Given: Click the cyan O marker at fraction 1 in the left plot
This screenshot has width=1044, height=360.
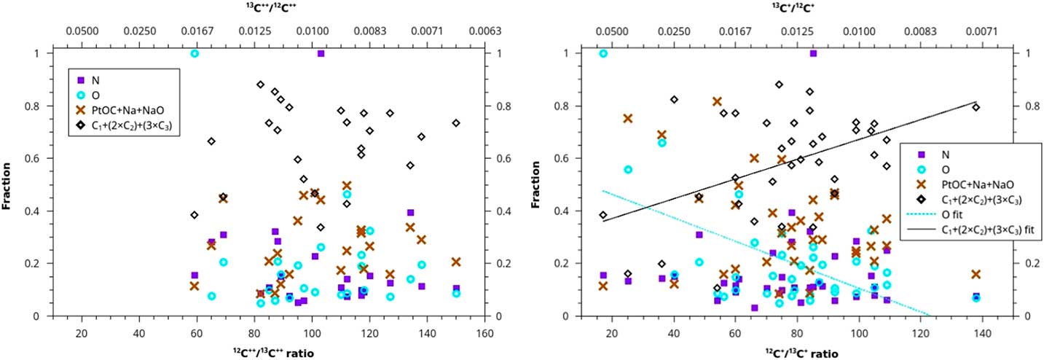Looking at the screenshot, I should pyautogui.click(x=195, y=53).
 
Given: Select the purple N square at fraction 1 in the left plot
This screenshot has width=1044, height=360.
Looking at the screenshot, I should pyautogui.click(x=321, y=53).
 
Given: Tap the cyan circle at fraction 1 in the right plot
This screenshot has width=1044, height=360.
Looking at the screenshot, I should pyautogui.click(x=603, y=53).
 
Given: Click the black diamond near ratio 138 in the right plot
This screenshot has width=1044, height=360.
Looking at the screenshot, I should pyautogui.click(x=976, y=107).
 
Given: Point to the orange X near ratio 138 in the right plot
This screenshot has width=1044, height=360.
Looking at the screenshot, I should pyautogui.click(x=976, y=275).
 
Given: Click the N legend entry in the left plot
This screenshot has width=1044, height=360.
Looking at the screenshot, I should pyautogui.click(x=95, y=80).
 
